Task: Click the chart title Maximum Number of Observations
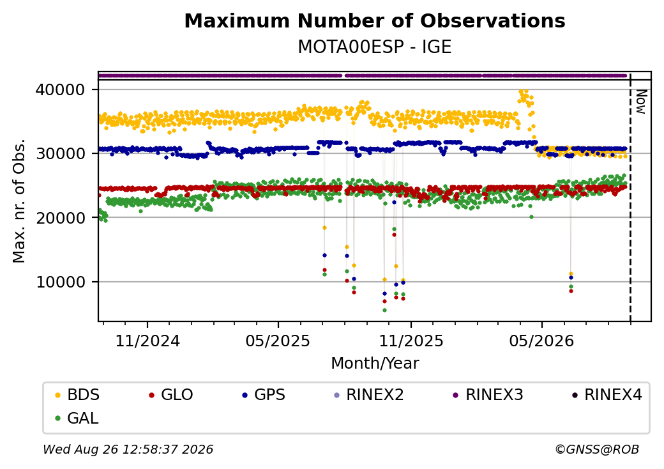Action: [x=375, y=20]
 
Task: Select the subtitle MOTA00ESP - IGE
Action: [x=375, y=47]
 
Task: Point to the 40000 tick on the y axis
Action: [x=61, y=90]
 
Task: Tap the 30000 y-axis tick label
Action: [x=61, y=153]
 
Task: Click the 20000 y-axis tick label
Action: [x=61, y=218]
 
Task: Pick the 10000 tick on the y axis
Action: [x=61, y=282]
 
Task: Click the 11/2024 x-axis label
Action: [x=147, y=341]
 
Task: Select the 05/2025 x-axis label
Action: [x=278, y=341]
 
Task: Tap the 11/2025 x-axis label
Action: [x=411, y=341]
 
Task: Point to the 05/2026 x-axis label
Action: [x=541, y=341]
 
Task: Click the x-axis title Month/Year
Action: [x=375, y=364]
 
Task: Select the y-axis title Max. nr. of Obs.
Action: [x=19, y=201]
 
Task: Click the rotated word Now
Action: [x=642, y=102]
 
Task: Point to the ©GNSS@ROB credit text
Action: [x=597, y=449]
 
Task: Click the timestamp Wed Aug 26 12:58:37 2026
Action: [x=128, y=449]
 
